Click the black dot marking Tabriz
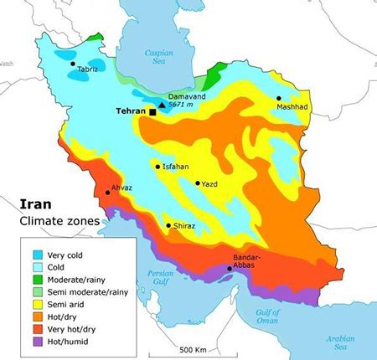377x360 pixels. (x=73, y=64)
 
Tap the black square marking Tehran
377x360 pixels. (x=152, y=111)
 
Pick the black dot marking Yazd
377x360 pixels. (x=197, y=183)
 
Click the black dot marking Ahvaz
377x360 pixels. (x=107, y=193)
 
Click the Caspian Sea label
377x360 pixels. (x=158, y=56)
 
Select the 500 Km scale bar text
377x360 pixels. (x=193, y=348)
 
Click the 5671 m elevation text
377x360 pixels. (x=184, y=105)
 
